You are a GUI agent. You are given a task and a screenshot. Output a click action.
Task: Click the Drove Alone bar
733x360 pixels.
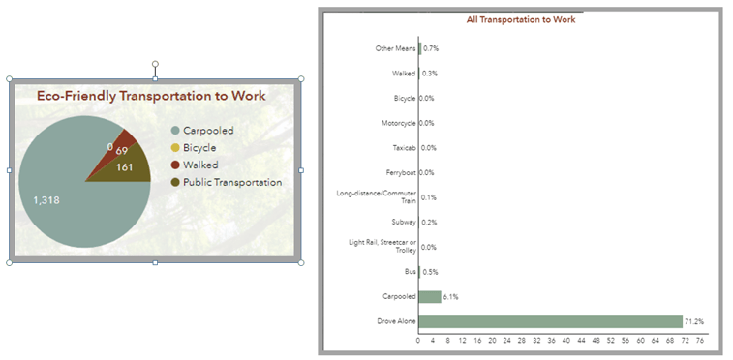pyautogui.click(x=550, y=321)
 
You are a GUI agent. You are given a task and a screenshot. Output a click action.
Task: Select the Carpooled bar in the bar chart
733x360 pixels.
pyautogui.click(x=430, y=297)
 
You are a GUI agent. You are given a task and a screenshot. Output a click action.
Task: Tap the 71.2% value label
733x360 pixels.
pyautogui.click(x=694, y=321)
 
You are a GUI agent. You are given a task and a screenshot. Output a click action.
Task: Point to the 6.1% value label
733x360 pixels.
pyautogui.click(x=451, y=297)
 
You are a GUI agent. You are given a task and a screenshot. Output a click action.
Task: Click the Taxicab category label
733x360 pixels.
pyautogui.click(x=404, y=148)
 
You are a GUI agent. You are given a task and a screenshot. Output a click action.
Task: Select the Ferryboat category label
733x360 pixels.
pyautogui.click(x=401, y=172)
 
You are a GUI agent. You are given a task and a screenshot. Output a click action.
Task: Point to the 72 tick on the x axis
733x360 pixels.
pyautogui.click(x=684, y=340)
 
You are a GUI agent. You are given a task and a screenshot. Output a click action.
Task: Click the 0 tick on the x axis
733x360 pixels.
pyautogui.click(x=418, y=340)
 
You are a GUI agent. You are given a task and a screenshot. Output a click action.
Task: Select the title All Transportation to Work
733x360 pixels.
pyautogui.click(x=521, y=19)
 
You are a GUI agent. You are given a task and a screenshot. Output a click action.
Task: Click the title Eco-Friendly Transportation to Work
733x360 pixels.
pyautogui.click(x=151, y=96)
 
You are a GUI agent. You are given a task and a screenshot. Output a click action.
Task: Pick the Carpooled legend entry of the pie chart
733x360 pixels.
pyautogui.click(x=207, y=131)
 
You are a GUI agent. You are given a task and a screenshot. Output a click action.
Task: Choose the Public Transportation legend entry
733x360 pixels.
pyautogui.click(x=231, y=182)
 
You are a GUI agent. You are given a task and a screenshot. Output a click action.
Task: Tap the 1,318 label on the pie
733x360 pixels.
pyautogui.click(x=46, y=200)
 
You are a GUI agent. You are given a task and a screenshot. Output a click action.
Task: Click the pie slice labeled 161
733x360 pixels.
pyautogui.click(x=130, y=168)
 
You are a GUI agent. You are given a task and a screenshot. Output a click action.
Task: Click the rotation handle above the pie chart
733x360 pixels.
pyautogui.click(x=155, y=65)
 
